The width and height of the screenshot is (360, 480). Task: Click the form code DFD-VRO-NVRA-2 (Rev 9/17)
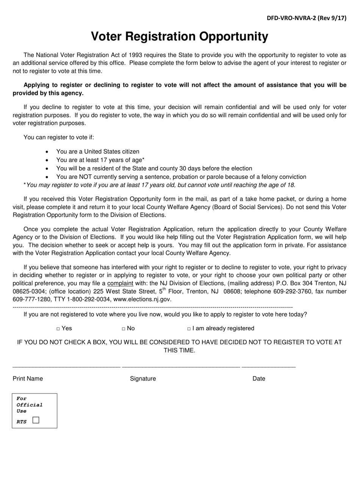click(x=306, y=18)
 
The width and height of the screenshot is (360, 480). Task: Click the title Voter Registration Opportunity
click(x=180, y=36)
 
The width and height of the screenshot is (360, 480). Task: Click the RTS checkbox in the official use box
click(x=36, y=420)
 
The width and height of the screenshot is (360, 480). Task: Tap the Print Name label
click(x=28, y=378)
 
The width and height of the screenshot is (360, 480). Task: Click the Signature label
click(x=143, y=378)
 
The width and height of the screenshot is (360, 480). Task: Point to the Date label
click(x=259, y=378)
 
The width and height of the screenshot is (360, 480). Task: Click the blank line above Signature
click(x=181, y=367)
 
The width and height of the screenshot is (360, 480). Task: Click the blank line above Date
click(x=268, y=367)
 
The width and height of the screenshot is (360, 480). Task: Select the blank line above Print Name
click(x=66, y=367)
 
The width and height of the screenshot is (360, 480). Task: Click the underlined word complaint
click(x=120, y=283)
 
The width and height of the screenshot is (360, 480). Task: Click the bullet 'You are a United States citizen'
click(x=98, y=151)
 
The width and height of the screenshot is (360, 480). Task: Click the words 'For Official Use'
click(x=29, y=405)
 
